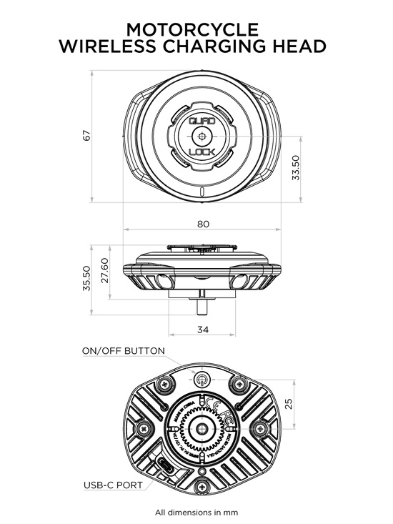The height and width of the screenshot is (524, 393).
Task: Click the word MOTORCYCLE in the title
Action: pyautogui.click(x=192, y=29)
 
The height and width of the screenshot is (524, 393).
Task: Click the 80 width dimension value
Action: pyautogui.click(x=203, y=224)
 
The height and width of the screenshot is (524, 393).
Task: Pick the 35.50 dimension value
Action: pyautogui.click(x=86, y=279)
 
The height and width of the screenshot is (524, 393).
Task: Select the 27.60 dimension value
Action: pyautogui.click(x=104, y=272)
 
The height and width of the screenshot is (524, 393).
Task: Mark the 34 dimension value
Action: pyautogui.click(x=203, y=330)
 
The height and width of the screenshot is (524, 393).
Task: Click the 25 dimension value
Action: pyautogui.click(x=289, y=404)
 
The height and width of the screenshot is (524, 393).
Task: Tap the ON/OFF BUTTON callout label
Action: pyautogui.click(x=124, y=351)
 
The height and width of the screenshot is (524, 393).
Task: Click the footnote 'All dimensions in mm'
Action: pyautogui.click(x=196, y=513)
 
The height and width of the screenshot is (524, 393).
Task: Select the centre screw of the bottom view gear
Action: pyautogui.click(x=203, y=429)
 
